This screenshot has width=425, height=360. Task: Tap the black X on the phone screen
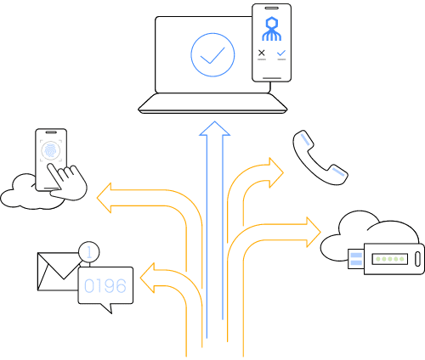coord(262,53)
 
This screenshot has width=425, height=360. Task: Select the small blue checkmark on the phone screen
coord(281,53)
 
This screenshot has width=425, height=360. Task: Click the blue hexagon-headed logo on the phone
coord(271,29)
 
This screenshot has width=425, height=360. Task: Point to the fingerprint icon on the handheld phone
coord(51,149)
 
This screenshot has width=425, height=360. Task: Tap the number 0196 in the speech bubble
coord(105,285)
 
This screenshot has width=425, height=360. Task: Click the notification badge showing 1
coord(89,251)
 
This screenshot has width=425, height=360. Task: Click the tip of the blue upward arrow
coord(215,121)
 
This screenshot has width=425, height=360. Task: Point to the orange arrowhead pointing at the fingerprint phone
coord(105,198)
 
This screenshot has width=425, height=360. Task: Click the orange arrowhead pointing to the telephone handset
coord(276,172)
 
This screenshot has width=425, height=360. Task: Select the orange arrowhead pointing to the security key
coord(314,232)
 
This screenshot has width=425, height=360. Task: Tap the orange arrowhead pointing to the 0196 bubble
coord(148,278)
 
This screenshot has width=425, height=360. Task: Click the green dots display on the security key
coord(390,259)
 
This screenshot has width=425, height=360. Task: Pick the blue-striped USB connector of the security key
coord(356,259)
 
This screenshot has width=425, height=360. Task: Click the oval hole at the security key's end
coord(417,259)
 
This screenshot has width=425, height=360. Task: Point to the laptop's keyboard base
coord(212,104)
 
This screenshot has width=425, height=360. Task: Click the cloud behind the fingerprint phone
coord(17,195)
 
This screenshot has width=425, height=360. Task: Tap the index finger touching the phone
coord(55,174)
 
